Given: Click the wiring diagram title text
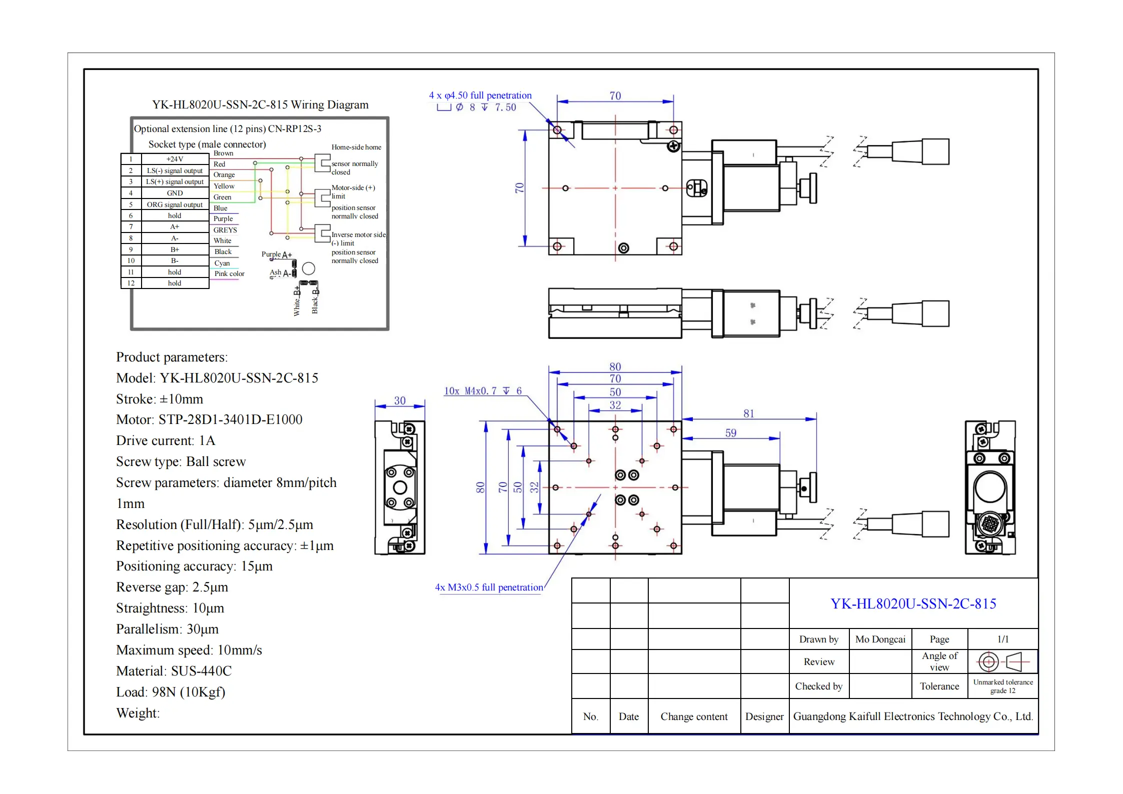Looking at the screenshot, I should (260, 105).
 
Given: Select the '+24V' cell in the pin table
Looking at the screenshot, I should (175, 159).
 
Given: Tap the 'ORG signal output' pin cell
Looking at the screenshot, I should (175, 204).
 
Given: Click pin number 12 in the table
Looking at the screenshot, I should (131, 283).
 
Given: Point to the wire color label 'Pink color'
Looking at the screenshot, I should (229, 273).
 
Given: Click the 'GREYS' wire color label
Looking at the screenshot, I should (225, 230).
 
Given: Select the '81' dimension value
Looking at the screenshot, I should (748, 413).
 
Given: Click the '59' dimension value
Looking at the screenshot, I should (730, 433).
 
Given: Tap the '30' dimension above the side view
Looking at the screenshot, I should (400, 400).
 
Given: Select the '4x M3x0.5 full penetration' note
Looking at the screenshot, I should (489, 587).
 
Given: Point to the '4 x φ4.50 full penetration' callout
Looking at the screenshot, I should (480, 95).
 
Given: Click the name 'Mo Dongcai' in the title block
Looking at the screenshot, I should (880, 639).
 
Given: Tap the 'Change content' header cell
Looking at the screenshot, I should (694, 716).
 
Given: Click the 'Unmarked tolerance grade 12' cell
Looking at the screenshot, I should (1002, 686).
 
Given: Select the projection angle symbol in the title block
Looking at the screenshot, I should (1002, 662).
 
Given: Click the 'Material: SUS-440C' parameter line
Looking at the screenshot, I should (174, 671).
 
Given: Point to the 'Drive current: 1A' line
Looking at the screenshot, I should (166, 440).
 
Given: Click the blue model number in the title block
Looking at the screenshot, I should (913, 604).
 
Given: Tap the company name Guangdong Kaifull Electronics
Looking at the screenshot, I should (912, 716).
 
